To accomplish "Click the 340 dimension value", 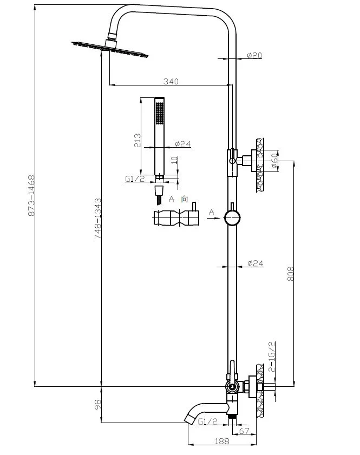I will (171, 81).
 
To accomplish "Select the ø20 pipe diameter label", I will (254, 55).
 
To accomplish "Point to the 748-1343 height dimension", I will (98, 218).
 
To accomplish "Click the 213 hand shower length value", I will (138, 141).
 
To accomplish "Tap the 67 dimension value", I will (244, 431).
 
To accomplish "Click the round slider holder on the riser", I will (232, 218).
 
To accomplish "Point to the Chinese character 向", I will (185, 199).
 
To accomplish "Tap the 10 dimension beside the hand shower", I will (173, 162).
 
